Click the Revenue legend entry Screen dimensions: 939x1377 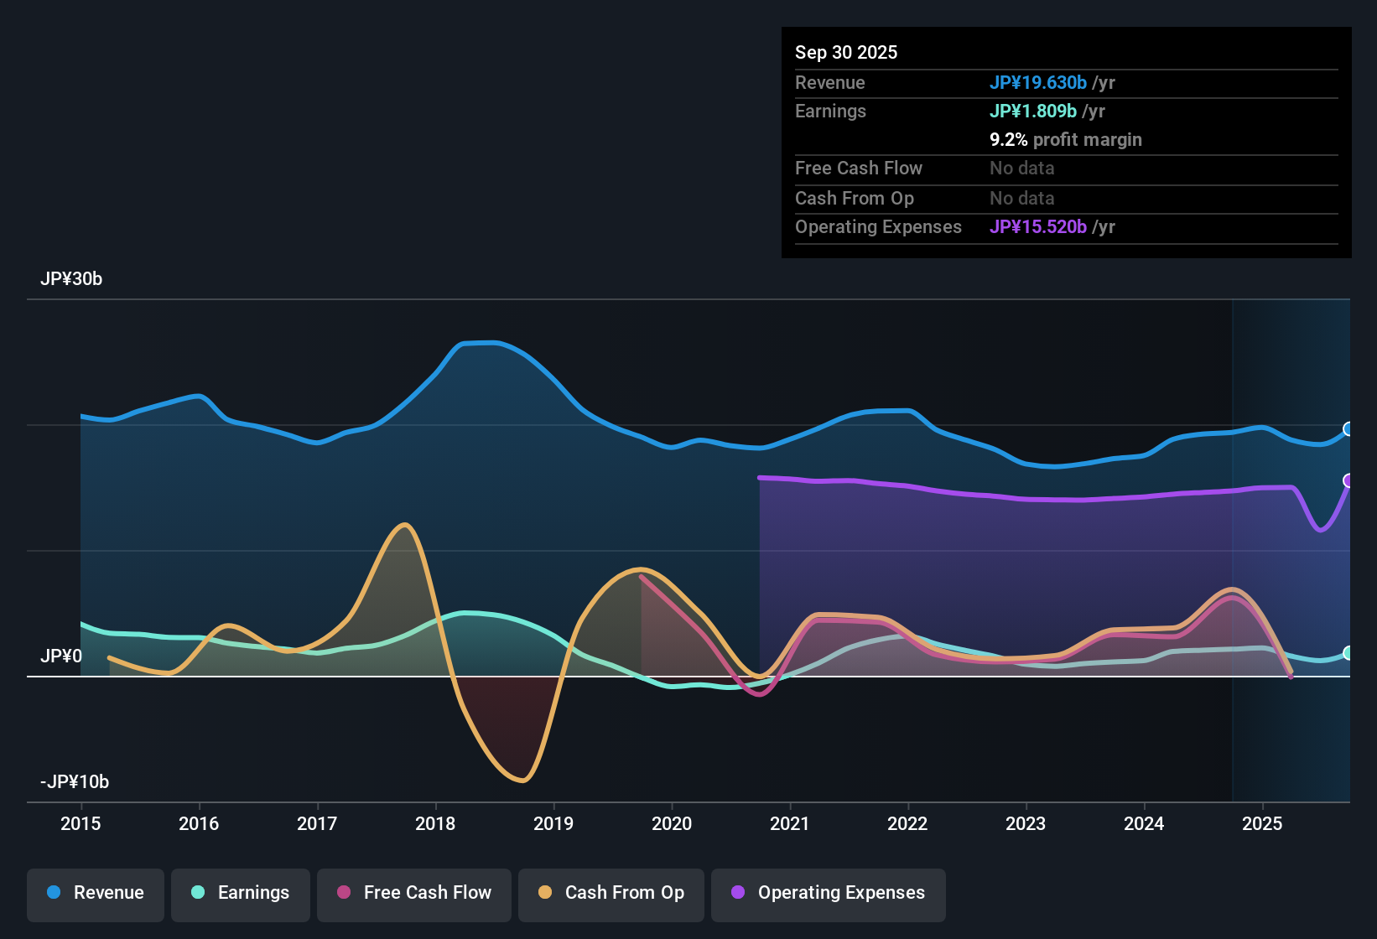pos(96,893)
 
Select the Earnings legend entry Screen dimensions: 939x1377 pos(241,893)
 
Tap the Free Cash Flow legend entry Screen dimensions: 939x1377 pos(414,893)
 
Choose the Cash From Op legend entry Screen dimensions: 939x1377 pos(611,893)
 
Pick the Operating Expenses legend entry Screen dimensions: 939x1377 pos(829,893)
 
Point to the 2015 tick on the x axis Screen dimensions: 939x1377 pos(81,823)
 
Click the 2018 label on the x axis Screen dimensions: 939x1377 pos(435,823)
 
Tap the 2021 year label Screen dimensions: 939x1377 pos(789,823)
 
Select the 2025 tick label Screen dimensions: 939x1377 pos(1261,823)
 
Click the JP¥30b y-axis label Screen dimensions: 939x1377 pos(71,279)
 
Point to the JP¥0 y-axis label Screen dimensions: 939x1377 pos(61,656)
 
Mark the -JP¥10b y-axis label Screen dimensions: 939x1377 pos(75,781)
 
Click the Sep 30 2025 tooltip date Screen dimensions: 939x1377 pos(845,53)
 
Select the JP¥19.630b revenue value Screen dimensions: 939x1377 pos(1037,82)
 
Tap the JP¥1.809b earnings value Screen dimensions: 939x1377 pos(1032,111)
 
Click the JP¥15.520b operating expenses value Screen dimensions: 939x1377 pos(1037,226)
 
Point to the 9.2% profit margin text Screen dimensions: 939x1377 pos(1065,139)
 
